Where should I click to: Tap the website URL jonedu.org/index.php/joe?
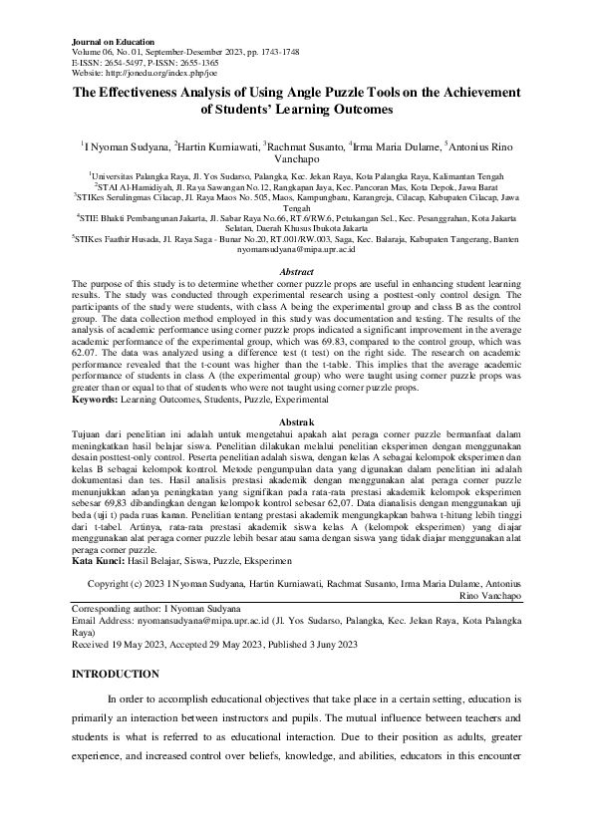[x=146, y=72]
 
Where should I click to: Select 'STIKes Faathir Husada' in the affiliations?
[x=117, y=239]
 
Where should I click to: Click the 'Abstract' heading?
[x=296, y=271]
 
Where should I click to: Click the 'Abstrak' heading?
[x=296, y=422]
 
